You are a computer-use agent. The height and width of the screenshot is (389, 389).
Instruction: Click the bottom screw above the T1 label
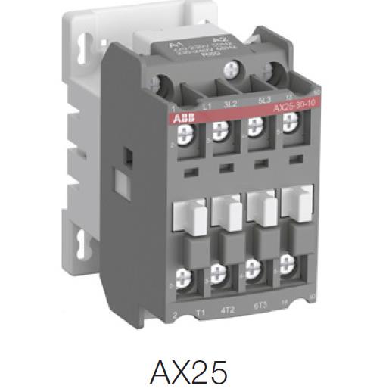click(184, 277)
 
